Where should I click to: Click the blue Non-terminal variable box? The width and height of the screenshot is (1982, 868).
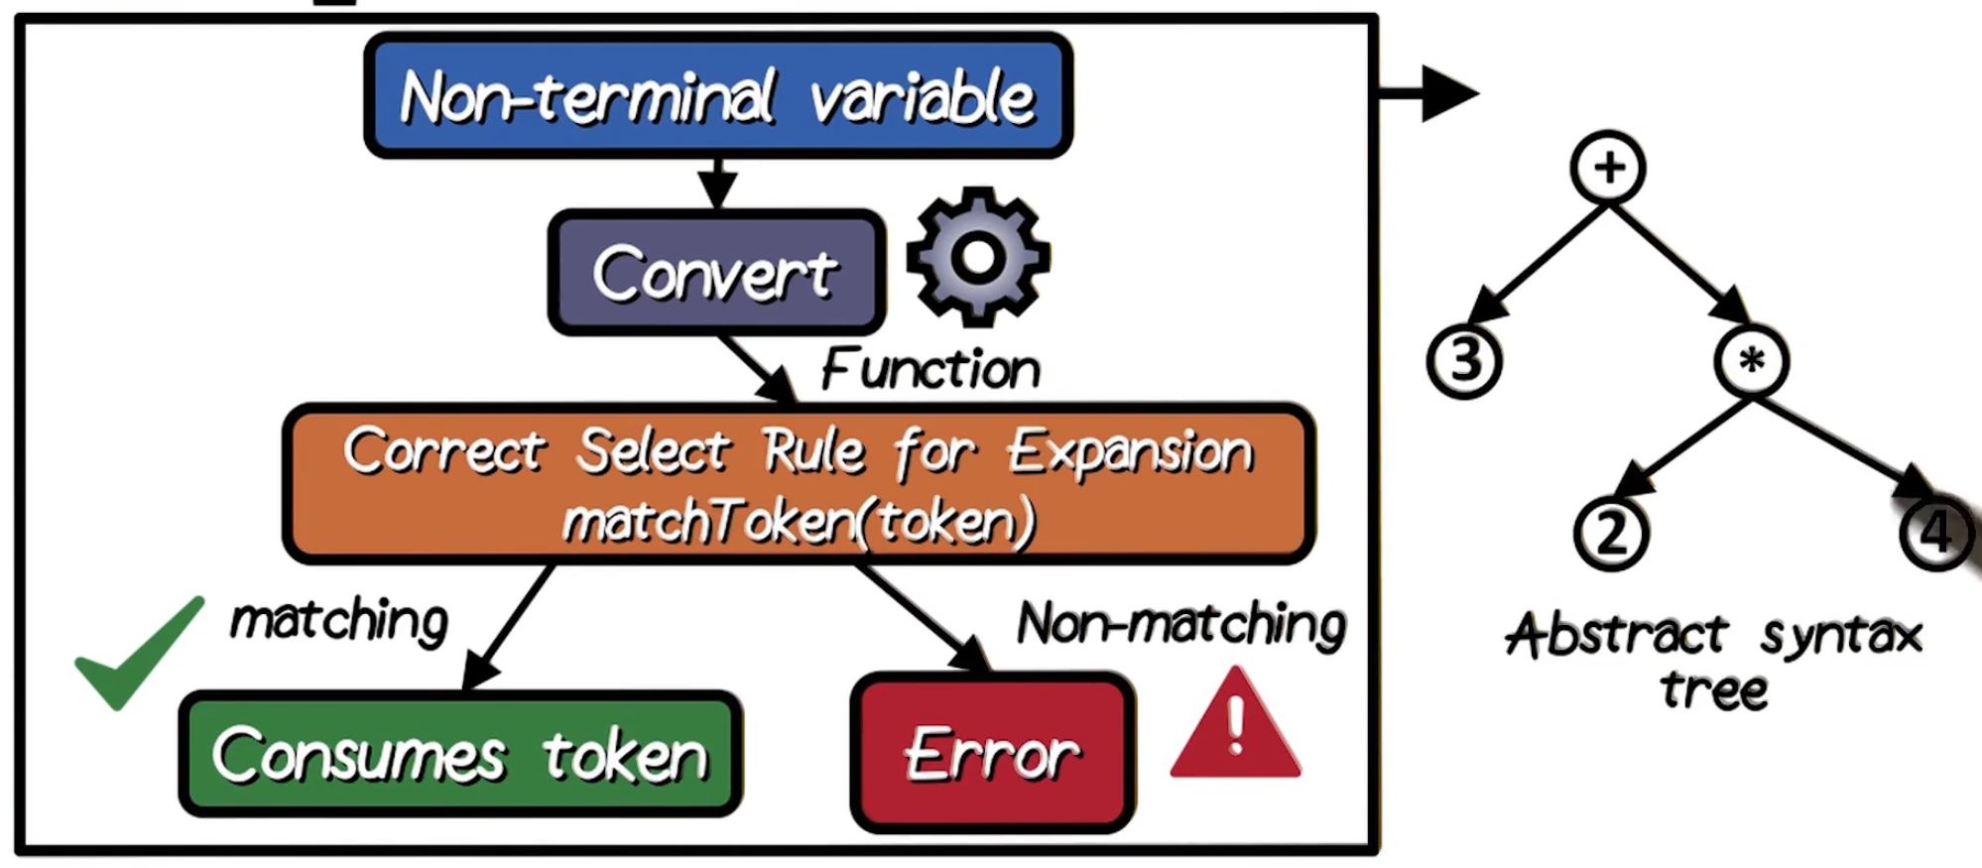718,96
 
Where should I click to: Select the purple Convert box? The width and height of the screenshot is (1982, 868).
716,273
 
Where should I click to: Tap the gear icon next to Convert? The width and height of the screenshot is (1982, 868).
978,257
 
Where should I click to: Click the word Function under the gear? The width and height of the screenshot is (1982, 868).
930,369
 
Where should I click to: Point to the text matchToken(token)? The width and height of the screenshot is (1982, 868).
800,521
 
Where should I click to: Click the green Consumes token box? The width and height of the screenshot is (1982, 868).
460,755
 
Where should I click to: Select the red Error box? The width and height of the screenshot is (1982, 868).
993,755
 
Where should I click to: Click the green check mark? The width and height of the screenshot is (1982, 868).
139,654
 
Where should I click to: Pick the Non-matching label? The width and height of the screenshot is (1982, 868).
1180,625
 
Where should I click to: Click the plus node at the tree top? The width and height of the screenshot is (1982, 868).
1608,168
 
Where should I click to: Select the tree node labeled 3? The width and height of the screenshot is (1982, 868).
1464,361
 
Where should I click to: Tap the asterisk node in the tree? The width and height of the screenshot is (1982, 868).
1752,361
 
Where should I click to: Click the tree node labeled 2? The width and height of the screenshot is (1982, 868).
1611,534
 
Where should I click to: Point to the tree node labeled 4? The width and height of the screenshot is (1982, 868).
1935,534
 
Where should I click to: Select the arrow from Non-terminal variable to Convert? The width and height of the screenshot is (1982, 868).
716,184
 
